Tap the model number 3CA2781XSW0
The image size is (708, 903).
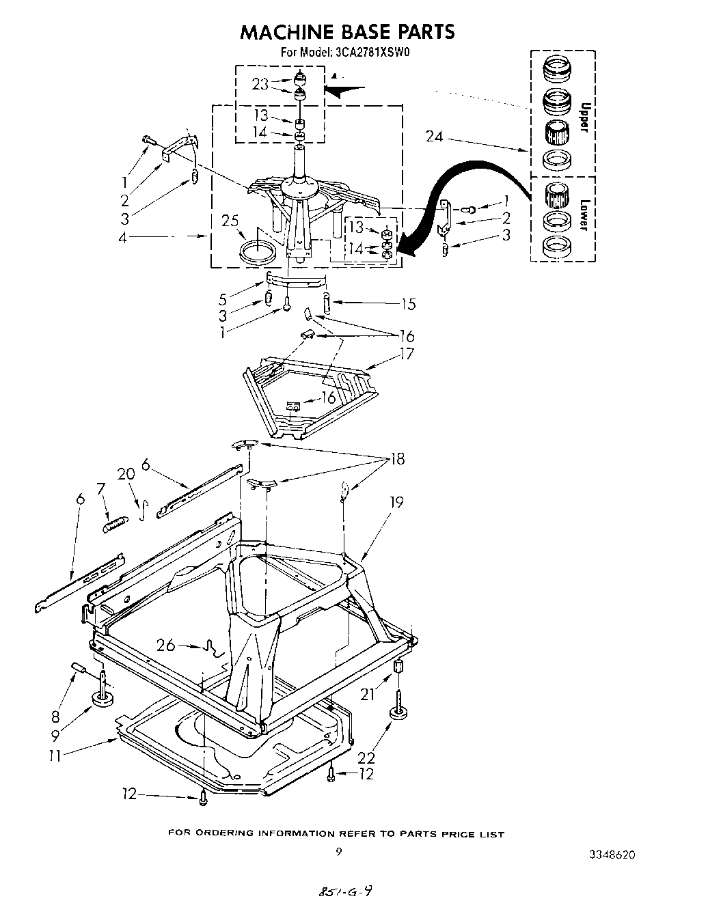click(x=373, y=51)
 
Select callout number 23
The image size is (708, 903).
click(x=260, y=84)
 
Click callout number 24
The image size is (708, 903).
click(x=435, y=137)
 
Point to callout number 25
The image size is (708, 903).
click(x=231, y=221)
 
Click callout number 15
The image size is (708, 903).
click(x=409, y=304)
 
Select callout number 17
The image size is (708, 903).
click(x=407, y=354)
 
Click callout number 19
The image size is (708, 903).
click(x=396, y=502)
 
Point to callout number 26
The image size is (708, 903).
click(x=166, y=644)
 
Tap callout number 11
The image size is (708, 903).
click(x=55, y=755)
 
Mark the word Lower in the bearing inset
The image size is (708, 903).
click(x=584, y=214)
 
